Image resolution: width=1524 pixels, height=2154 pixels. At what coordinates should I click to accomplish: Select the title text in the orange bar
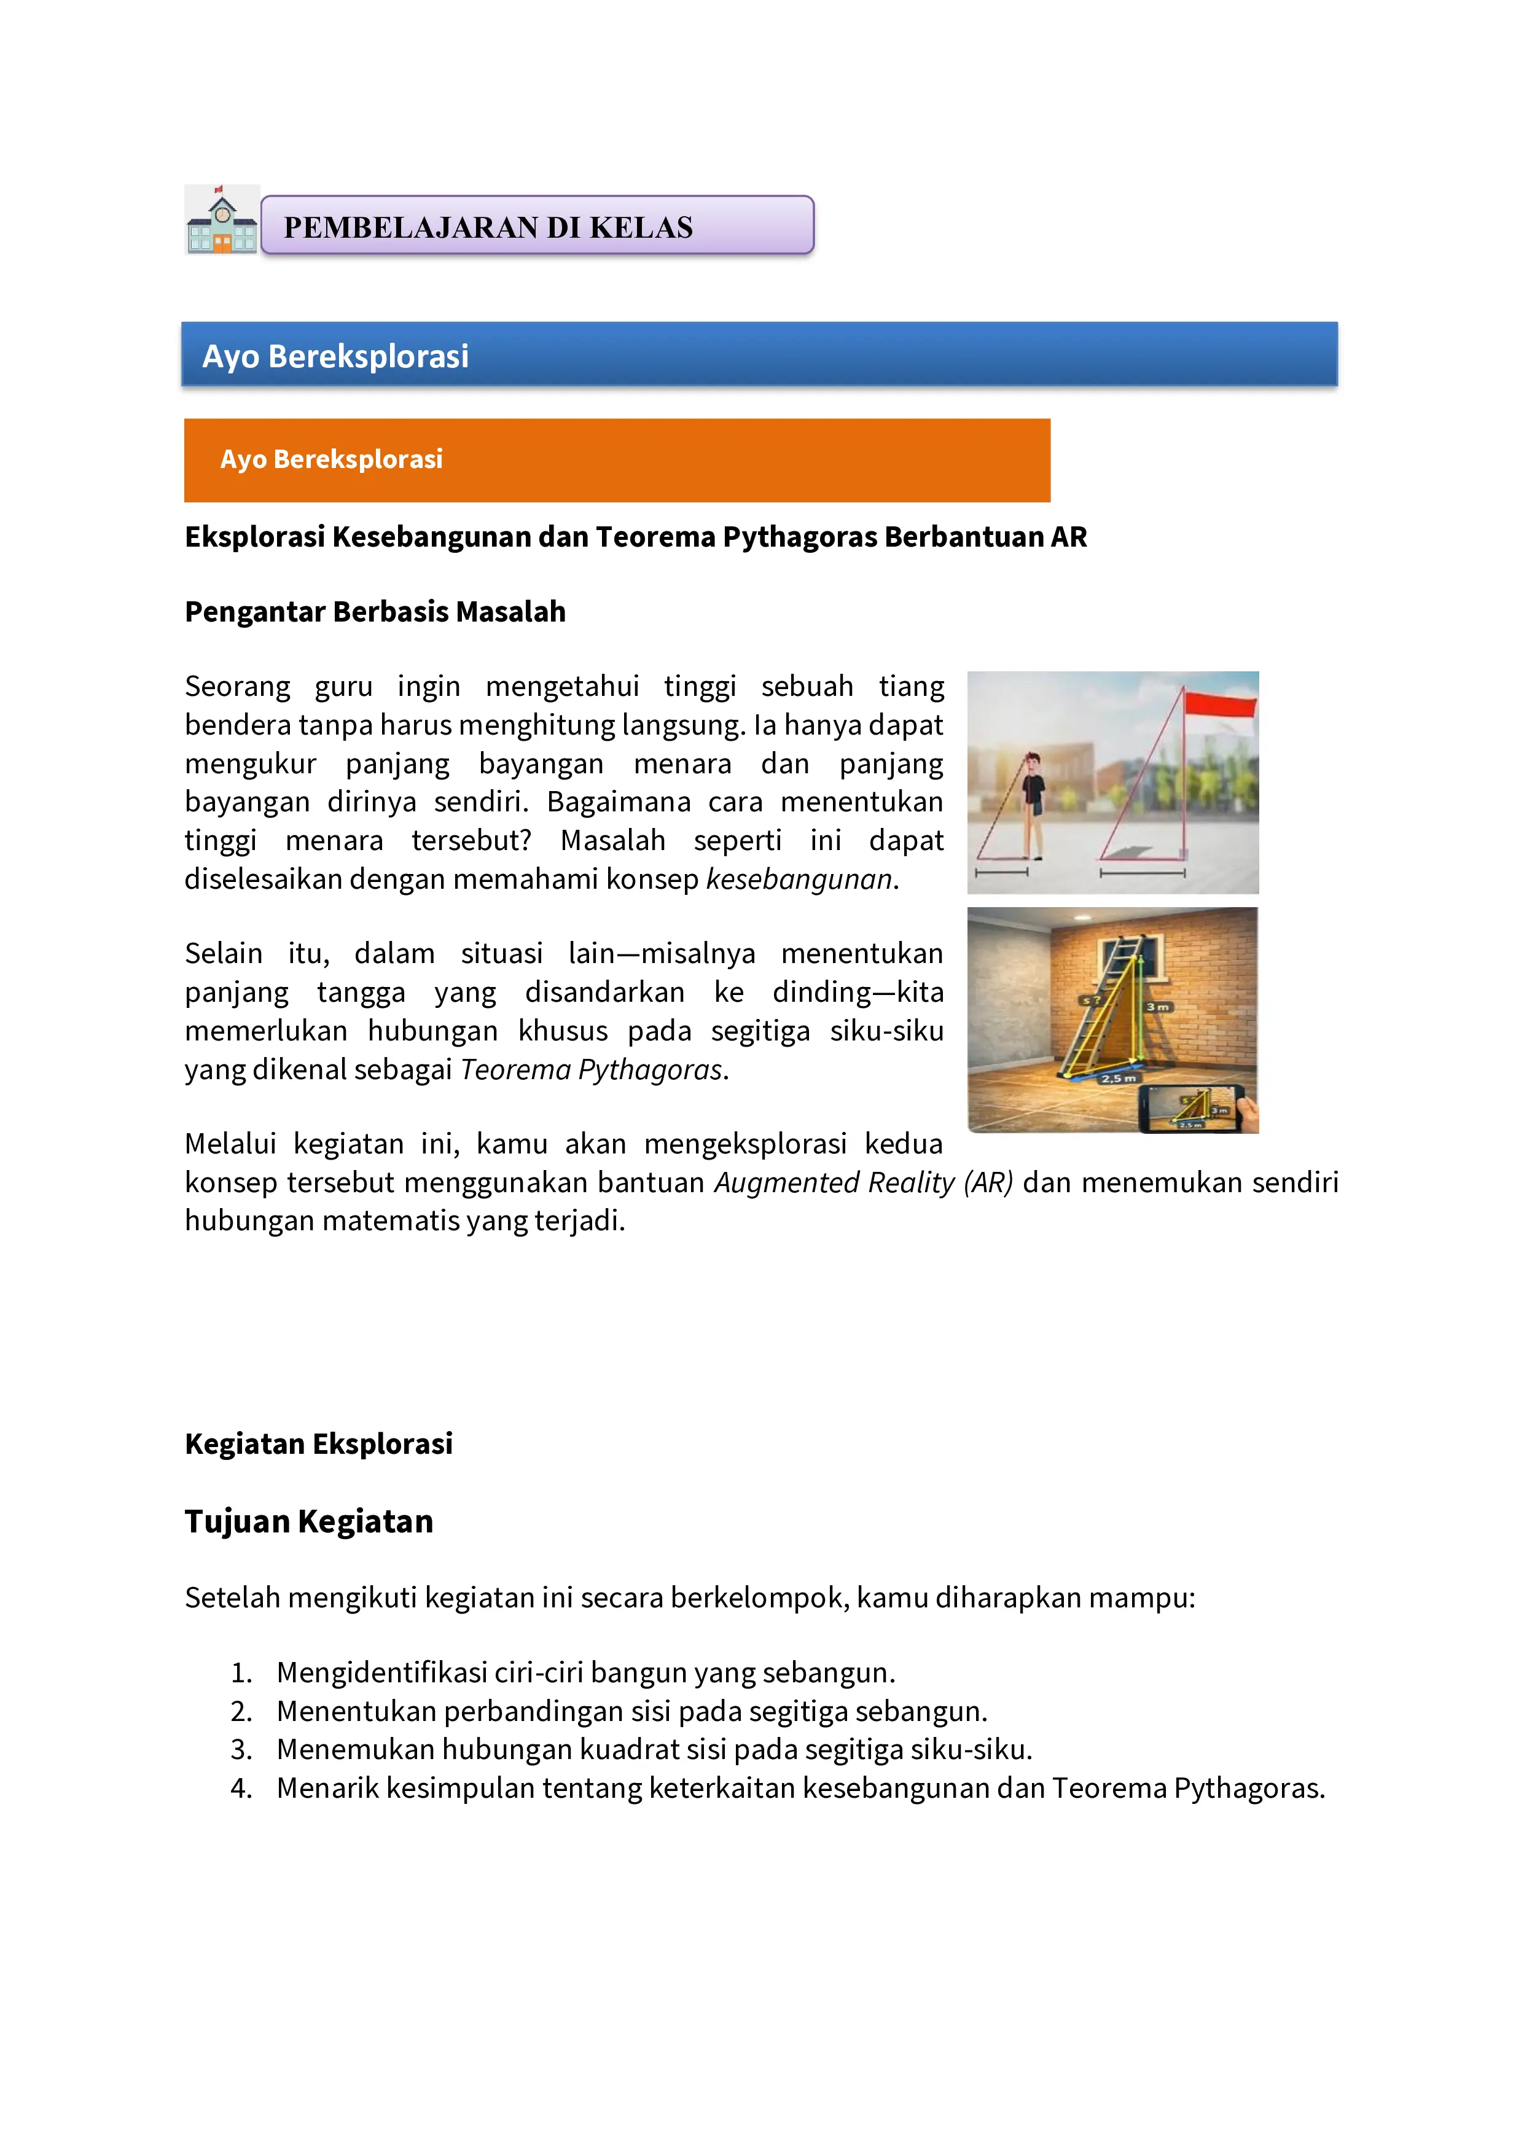coord(331,459)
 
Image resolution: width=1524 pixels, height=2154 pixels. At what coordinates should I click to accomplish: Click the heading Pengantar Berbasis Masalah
coord(375,612)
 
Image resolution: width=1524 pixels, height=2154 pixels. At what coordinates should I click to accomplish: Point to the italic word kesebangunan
coord(799,879)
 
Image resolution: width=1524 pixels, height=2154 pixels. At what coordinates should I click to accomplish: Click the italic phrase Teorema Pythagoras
coord(591,1069)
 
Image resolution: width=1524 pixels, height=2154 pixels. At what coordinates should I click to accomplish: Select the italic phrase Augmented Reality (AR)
coord(863,1182)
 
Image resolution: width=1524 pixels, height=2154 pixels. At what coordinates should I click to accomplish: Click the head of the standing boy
coord(1033,761)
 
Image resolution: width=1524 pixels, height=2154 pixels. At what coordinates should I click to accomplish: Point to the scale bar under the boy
coord(1001,873)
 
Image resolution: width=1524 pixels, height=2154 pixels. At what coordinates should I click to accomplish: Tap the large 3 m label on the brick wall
coord(1157,1007)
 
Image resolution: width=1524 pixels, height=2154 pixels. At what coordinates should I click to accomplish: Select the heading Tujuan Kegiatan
coord(309,1521)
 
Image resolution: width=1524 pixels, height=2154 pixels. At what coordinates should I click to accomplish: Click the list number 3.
coord(241,1750)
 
